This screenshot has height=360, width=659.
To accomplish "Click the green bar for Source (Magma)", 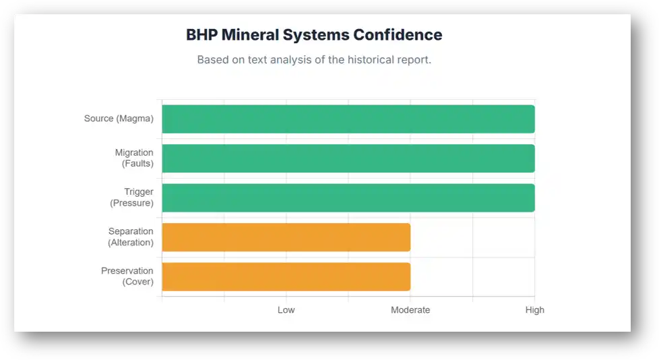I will [348, 119].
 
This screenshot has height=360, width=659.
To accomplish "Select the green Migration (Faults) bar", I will [348, 158].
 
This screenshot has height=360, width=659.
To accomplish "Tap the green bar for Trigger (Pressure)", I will [348, 198].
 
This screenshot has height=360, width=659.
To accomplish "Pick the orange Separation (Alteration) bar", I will [286, 237].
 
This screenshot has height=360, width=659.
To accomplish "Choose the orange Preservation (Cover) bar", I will [286, 276].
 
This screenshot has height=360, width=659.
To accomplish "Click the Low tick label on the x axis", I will [286, 310].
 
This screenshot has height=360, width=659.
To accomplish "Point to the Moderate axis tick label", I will [410, 310].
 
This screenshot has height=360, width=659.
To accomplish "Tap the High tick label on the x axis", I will [534, 310].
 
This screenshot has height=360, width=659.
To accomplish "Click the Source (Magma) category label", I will [119, 119].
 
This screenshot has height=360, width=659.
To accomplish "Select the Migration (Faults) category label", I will [133, 158].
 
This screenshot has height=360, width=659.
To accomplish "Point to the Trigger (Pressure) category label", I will [132, 198].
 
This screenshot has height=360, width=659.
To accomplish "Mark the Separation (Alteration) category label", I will [131, 237].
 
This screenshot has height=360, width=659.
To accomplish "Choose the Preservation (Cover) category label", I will [127, 276].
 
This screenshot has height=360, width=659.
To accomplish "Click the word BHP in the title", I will [201, 35].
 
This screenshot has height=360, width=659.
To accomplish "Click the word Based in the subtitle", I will [213, 59].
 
